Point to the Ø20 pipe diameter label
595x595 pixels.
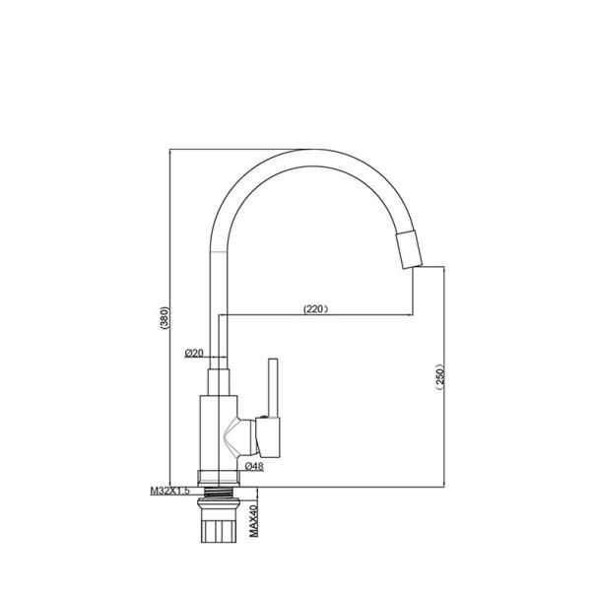click(x=193, y=353)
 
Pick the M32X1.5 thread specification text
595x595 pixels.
click(x=170, y=489)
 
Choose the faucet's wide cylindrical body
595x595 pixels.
click(x=219, y=433)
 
